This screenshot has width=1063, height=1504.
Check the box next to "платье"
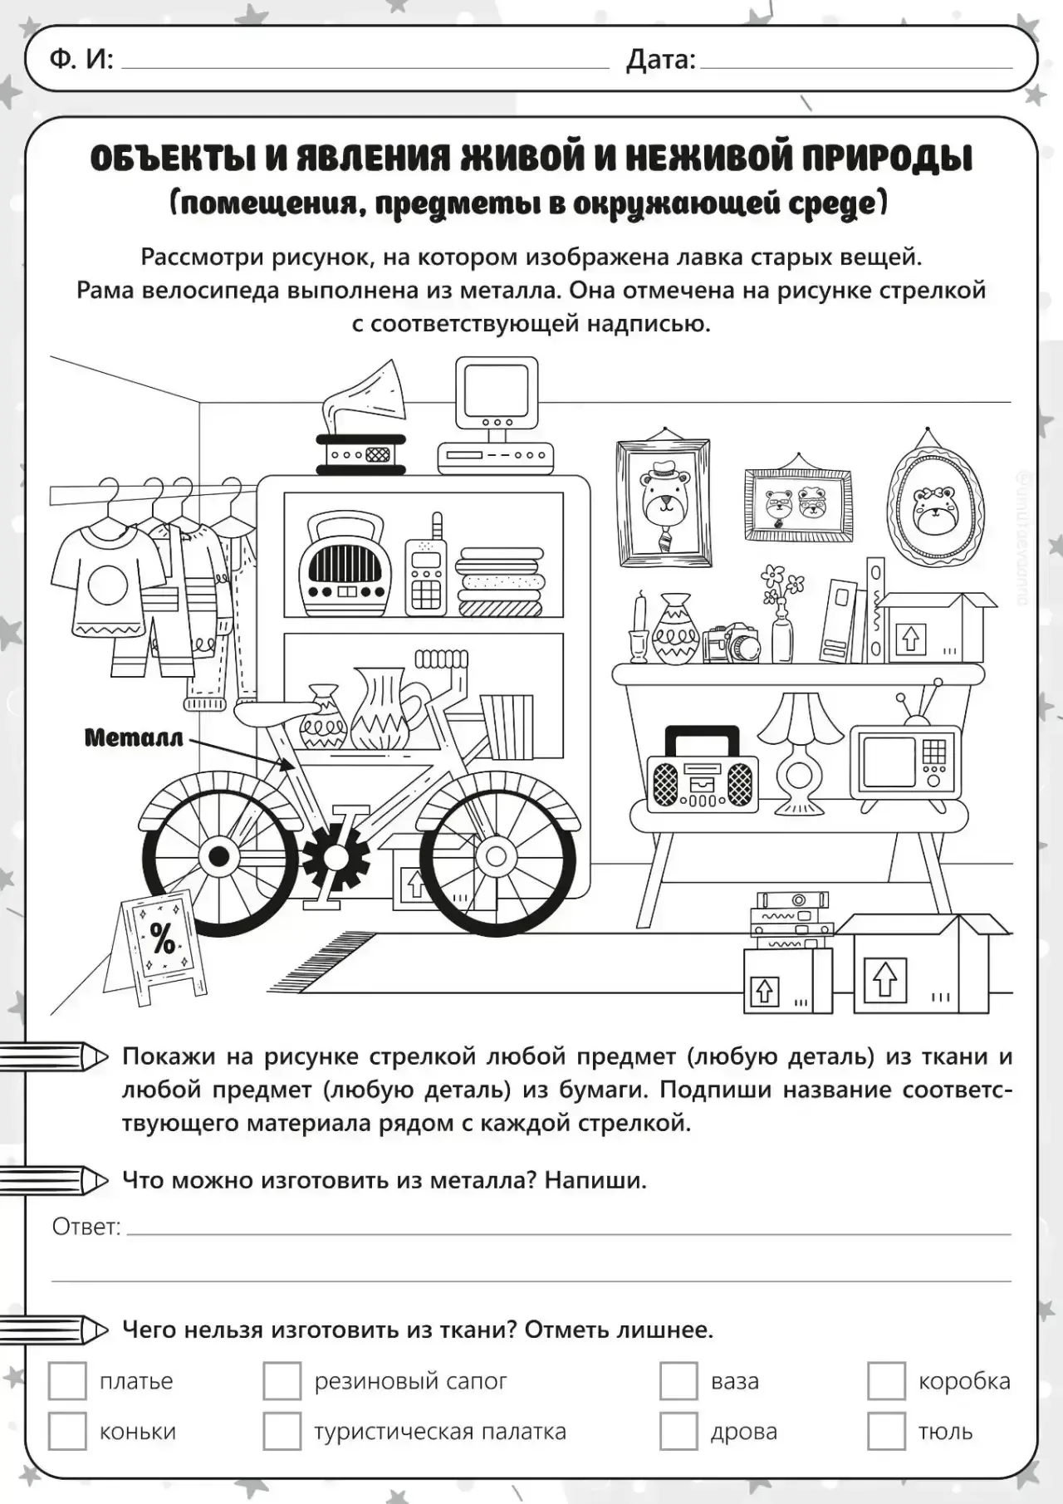tap(67, 1381)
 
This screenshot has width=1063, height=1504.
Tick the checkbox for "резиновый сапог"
tap(282, 1381)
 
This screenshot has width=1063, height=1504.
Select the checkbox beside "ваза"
tap(678, 1381)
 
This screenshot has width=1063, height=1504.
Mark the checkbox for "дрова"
tap(678, 1432)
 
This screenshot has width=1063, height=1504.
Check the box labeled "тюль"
tap(886, 1432)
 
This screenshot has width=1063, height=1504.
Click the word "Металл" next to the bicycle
tap(134, 737)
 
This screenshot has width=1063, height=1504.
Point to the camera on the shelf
tap(732, 643)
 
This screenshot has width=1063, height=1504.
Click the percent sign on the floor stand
tap(162, 938)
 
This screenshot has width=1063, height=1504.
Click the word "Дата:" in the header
tap(660, 60)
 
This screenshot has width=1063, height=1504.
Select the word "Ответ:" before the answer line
tap(86, 1227)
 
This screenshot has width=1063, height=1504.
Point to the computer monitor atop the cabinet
tap(497, 390)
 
